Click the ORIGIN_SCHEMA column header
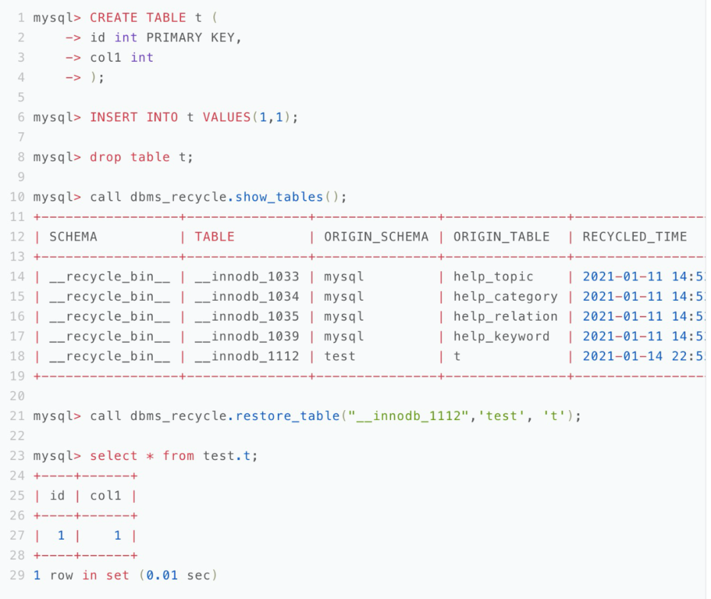point(376,237)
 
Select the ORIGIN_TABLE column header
point(501,237)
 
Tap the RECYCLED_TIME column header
point(635,237)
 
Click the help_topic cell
point(493,276)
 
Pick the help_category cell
point(505,296)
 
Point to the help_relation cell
point(505,317)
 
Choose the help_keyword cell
point(501,336)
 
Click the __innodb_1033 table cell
point(247,276)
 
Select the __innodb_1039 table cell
point(247,336)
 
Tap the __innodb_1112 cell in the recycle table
point(247,356)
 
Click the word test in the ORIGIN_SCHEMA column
point(340,356)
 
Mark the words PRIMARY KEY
point(194,38)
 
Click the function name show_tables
point(279,197)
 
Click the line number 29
point(17,575)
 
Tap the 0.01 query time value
point(162,575)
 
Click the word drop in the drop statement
point(106,157)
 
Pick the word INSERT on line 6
point(114,117)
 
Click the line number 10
point(17,197)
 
